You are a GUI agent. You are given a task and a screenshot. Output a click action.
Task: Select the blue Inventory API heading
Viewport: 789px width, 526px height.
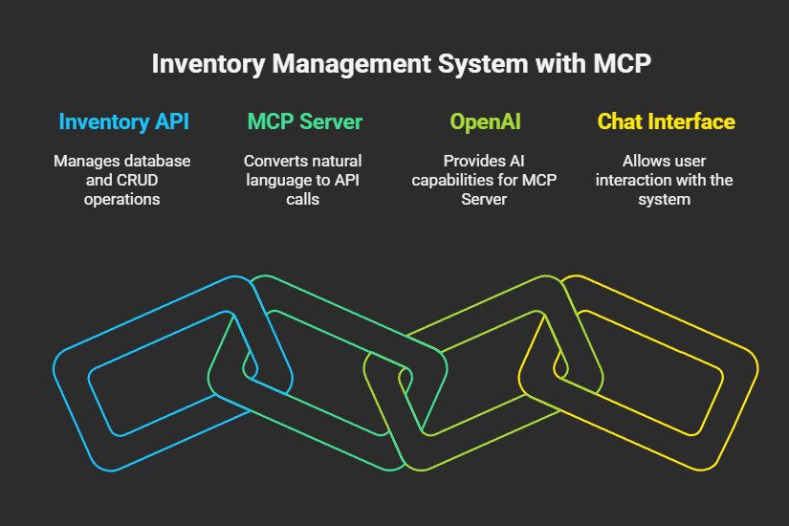[x=122, y=122]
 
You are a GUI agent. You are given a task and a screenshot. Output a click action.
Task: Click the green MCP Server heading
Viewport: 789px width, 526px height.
[x=304, y=122]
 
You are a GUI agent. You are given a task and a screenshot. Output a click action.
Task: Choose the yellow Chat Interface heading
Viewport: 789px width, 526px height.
[x=666, y=122]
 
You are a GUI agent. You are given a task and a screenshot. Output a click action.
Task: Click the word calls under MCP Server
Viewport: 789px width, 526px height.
[x=304, y=199]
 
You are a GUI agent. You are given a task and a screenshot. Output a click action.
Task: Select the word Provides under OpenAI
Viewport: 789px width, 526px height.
[x=470, y=161]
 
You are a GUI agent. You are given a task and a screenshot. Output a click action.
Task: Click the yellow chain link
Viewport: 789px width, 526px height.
[x=736, y=402]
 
